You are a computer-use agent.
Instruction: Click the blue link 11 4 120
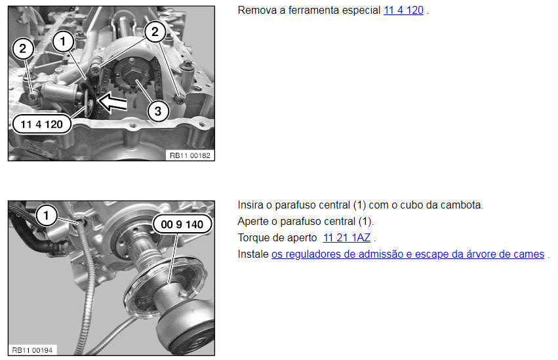(x=403, y=10)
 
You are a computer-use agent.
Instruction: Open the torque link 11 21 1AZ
(x=347, y=237)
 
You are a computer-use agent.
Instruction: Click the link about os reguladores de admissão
(x=408, y=254)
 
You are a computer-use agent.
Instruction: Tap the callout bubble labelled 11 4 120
(x=41, y=124)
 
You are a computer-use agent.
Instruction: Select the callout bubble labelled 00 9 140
(x=182, y=224)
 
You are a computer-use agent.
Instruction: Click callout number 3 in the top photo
(x=158, y=111)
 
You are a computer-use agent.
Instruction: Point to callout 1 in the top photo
(x=63, y=41)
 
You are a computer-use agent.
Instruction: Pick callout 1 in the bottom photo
(x=47, y=216)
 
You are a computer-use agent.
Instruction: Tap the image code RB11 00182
(x=190, y=155)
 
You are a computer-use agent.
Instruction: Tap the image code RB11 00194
(x=32, y=350)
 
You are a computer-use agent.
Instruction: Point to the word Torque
(x=254, y=237)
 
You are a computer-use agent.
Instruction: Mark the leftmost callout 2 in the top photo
(x=23, y=49)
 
